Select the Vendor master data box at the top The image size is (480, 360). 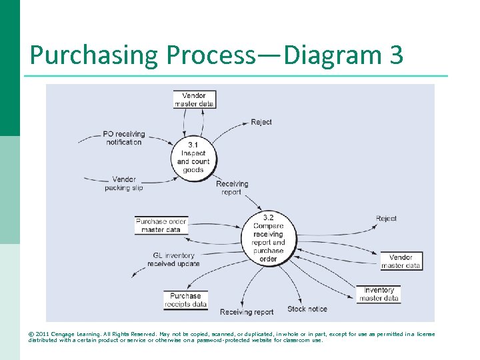coord(194,99)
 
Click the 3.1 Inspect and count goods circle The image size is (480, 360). coord(193,157)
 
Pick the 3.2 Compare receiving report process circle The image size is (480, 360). coord(268,238)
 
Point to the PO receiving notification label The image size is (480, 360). coord(123,138)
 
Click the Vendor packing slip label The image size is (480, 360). coord(123,183)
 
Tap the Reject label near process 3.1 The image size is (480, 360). coord(261,122)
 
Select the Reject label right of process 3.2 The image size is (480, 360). coord(386,219)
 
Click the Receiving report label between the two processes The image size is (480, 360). coord(232,188)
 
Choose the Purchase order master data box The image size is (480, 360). coord(161,225)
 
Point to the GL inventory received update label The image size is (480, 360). coord(173,259)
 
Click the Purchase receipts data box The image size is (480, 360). coord(185,300)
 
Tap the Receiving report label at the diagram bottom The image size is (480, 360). coord(247,312)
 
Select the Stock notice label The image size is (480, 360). coord(307,309)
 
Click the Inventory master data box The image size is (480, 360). coord(379,294)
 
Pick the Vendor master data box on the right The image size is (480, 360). coord(401,261)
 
